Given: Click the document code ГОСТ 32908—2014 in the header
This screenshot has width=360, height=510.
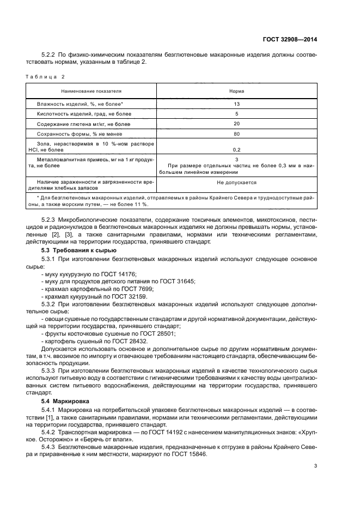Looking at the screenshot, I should pyautogui.click(x=290, y=39).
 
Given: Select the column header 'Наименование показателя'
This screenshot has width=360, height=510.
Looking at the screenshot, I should pyautogui.click(x=91, y=90).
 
